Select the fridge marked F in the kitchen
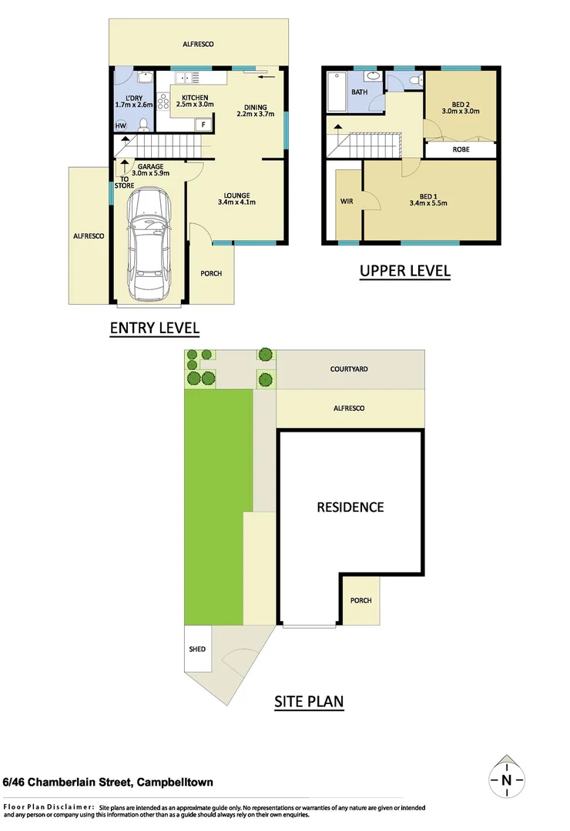pyautogui.click(x=204, y=124)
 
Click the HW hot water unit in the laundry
pyautogui.click(x=121, y=125)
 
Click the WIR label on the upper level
pyautogui.click(x=346, y=202)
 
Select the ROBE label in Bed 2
pyautogui.click(x=461, y=150)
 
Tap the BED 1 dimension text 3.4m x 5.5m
pyautogui.click(x=430, y=203)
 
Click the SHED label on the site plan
pyautogui.click(x=197, y=649)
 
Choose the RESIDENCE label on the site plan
pyautogui.click(x=350, y=507)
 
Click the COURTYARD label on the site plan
pyautogui.click(x=349, y=369)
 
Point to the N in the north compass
pyautogui.click(x=506, y=780)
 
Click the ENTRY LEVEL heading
pyautogui.click(x=155, y=328)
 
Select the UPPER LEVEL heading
pyautogui.click(x=405, y=271)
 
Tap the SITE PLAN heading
pyautogui.click(x=309, y=701)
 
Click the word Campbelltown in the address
pyautogui.click(x=174, y=783)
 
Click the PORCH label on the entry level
pyautogui.click(x=211, y=273)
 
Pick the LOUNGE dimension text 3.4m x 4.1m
pyautogui.click(x=236, y=203)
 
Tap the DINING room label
pyautogui.click(x=256, y=107)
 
